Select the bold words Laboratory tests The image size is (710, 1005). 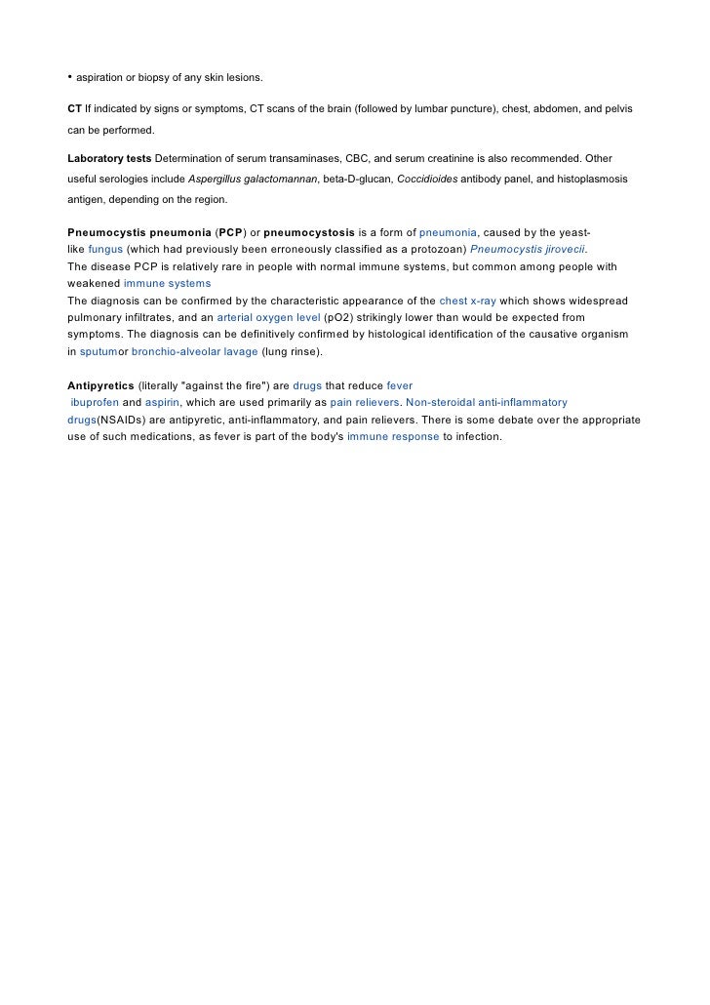(109, 157)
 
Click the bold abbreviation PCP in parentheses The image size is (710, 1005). (230, 233)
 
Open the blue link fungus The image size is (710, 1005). (105, 250)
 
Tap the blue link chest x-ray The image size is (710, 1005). (468, 301)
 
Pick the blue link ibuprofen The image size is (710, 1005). (94, 402)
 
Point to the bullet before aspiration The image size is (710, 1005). (70, 77)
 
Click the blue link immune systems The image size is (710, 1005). (167, 284)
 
